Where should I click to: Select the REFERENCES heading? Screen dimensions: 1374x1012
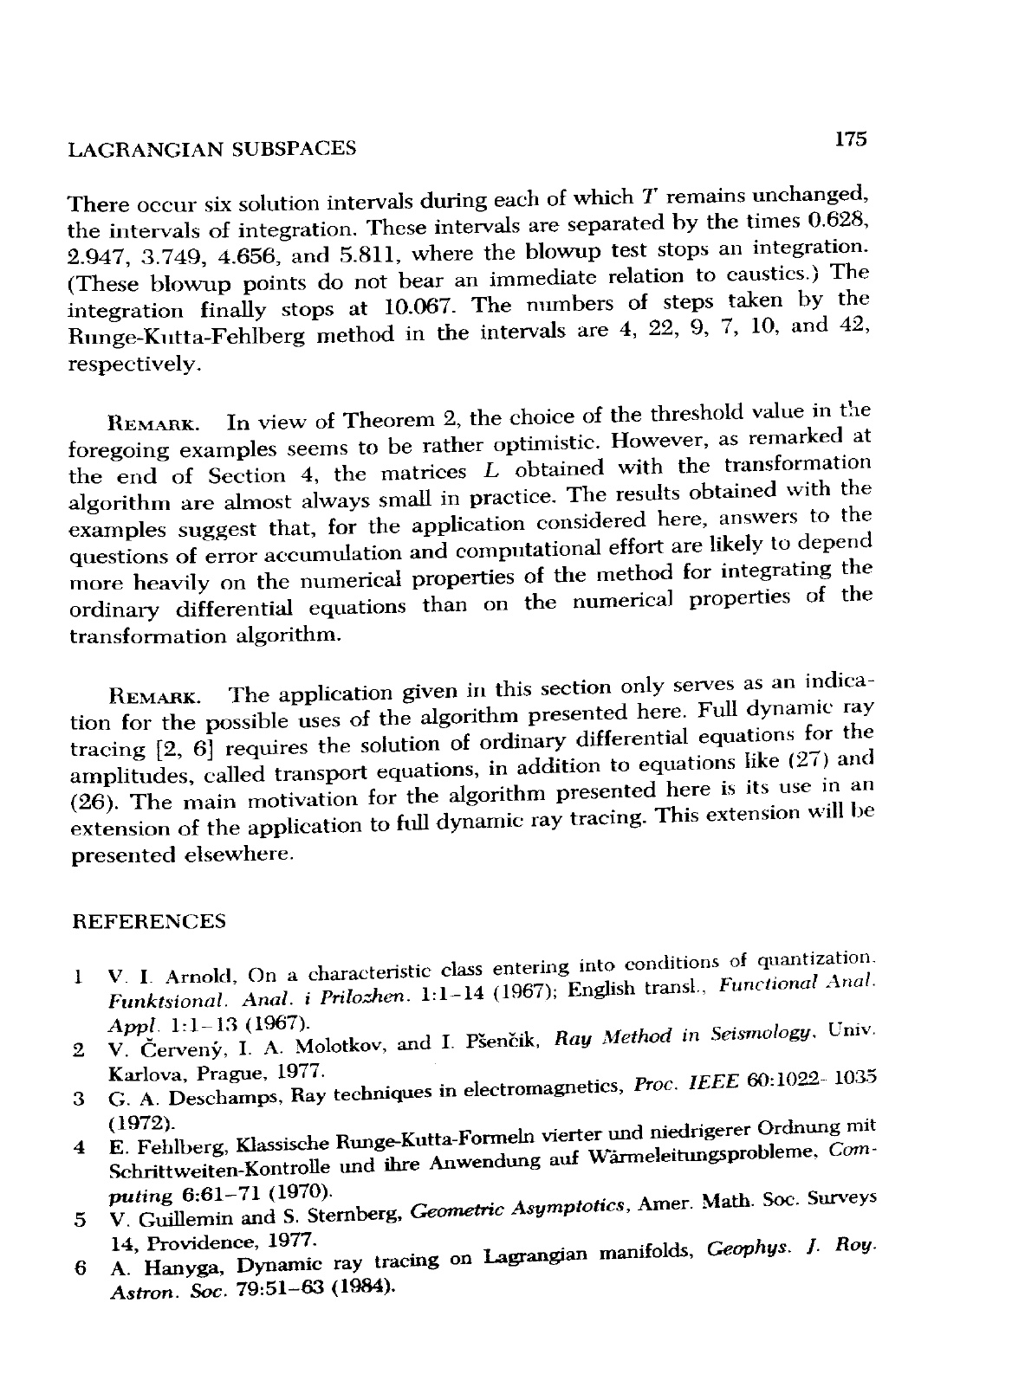[x=147, y=921]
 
